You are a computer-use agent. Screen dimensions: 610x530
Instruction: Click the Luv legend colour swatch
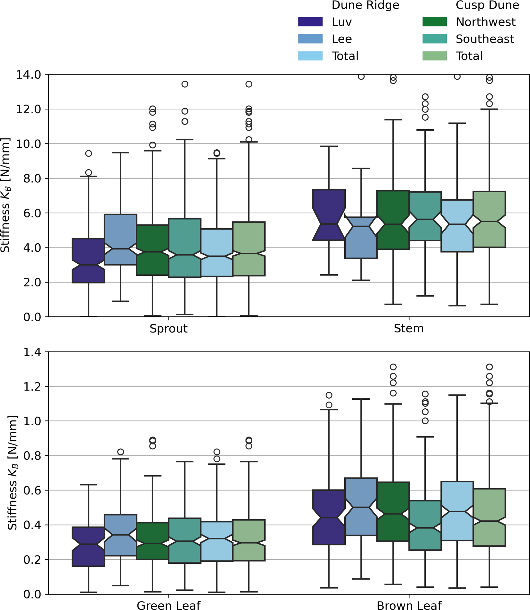[310, 22]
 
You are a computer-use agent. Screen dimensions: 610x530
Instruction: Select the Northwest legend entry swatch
[434, 22]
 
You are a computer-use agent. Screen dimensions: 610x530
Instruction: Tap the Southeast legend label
[485, 39]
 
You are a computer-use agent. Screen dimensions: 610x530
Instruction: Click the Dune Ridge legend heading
[365, 5]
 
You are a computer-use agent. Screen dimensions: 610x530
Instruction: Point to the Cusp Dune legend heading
[487, 5]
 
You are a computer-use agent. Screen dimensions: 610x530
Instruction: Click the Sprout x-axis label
[168, 329]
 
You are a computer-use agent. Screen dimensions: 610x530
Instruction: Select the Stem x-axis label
[409, 329]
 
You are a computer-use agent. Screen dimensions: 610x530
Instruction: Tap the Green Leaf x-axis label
[168, 605]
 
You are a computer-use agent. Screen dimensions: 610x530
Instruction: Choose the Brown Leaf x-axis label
[409, 605]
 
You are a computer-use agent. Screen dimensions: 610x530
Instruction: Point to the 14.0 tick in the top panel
[28, 75]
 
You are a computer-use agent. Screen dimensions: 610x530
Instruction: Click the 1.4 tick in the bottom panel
[32, 352]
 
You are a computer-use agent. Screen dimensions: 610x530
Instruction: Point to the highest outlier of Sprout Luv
[88, 153]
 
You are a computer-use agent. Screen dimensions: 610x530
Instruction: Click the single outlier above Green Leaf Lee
[120, 452]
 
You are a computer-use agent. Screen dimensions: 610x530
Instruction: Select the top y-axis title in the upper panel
[5, 195]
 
